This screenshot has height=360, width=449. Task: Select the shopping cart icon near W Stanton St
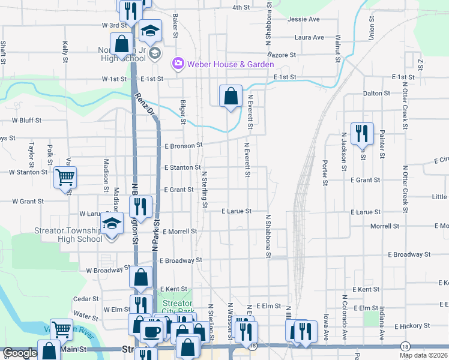65,177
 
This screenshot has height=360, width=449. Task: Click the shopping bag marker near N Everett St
231,95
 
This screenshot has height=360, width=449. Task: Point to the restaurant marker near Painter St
361,134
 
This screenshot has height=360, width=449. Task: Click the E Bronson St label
184,145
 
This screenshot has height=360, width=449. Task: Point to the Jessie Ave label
304,19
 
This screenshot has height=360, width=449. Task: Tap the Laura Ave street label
309,37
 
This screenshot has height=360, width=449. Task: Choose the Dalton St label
376,93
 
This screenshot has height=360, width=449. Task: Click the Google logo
20,353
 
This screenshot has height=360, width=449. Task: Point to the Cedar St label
86,298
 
